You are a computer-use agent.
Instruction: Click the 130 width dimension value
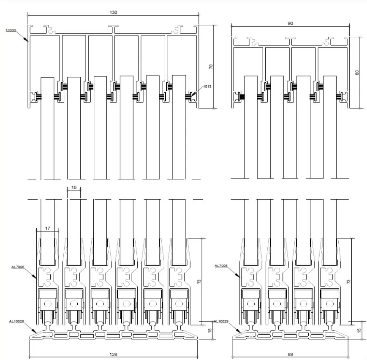point(113,12)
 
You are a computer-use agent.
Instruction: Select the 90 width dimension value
point(291,24)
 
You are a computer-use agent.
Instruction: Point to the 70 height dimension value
point(211,66)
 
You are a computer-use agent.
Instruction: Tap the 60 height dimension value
point(357,72)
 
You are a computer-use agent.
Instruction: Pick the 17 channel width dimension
point(47,228)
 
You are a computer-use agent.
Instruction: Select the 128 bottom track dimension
point(113,355)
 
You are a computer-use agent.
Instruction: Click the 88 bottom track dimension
point(290,355)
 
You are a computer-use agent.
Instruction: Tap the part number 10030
point(11,30)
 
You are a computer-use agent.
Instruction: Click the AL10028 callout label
point(16,321)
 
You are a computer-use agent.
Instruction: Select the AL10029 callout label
point(221,321)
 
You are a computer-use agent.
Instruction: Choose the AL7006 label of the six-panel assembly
point(18,266)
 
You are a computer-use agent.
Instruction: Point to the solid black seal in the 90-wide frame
point(242,96)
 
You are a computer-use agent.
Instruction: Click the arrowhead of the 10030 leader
point(27,41)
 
